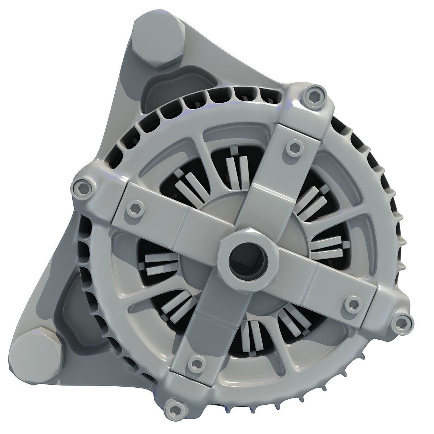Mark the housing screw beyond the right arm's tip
[x=402, y=322]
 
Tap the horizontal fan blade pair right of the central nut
[x=327, y=248]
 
